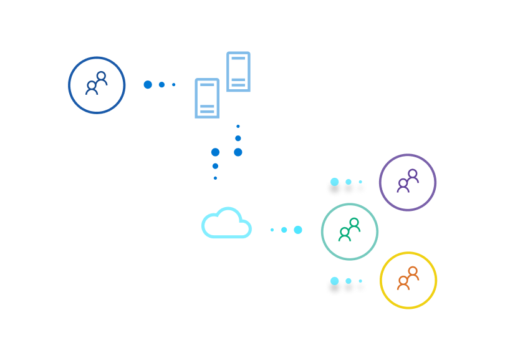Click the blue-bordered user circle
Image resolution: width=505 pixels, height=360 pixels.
[97, 85]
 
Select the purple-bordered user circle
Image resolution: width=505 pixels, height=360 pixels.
[408, 182]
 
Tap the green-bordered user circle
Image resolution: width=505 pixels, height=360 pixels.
[350, 231]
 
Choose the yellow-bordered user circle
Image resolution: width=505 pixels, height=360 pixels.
[408, 280]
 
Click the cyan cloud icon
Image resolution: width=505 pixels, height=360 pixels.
[226, 224]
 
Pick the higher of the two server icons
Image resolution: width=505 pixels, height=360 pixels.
[238, 72]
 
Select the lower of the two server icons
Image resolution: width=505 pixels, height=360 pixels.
[207, 98]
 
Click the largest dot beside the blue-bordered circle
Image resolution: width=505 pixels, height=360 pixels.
[148, 85]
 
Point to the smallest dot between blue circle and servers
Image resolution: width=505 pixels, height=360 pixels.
[174, 85]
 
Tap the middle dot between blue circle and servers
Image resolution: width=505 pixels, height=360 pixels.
[161, 85]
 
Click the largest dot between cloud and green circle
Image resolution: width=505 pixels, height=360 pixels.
[298, 230]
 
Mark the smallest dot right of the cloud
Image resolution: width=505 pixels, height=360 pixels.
[272, 230]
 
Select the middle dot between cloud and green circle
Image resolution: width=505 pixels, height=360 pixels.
[284, 230]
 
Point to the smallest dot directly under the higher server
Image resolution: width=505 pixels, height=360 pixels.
[238, 126]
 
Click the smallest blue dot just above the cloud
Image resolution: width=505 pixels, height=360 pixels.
[215, 178]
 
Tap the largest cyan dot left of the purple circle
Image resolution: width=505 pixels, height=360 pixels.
[335, 182]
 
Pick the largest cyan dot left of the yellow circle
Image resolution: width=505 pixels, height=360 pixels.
[335, 281]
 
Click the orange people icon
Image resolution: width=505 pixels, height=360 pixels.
[408, 278]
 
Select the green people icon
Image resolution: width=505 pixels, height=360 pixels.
[350, 230]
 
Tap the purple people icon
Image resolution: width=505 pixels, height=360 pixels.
[408, 180]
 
